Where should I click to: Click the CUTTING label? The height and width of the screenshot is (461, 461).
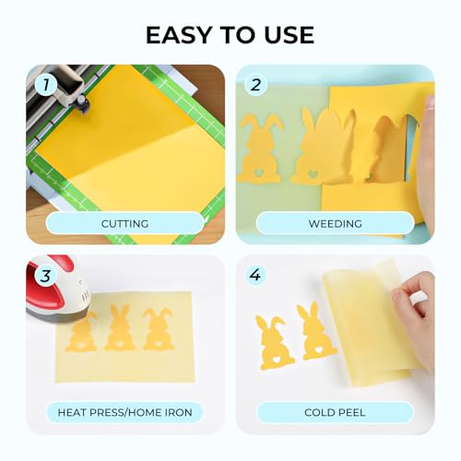[x=124, y=223]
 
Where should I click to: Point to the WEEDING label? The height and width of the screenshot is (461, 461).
[x=335, y=223]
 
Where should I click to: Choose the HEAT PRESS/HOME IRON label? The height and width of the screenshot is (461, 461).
[x=124, y=412]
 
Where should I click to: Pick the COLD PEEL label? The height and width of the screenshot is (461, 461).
[x=335, y=412]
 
